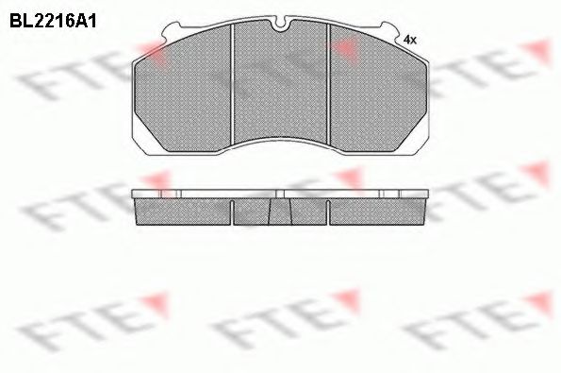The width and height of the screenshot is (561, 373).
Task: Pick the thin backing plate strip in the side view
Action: point(280,195)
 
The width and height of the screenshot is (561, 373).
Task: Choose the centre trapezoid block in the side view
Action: point(280,213)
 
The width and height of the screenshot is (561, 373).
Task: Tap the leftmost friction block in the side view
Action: point(184,212)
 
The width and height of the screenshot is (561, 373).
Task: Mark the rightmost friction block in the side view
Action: point(377,212)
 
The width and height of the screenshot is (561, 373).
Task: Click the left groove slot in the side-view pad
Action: point(233,214)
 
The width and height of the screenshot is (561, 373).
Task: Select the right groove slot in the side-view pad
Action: point(328,214)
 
